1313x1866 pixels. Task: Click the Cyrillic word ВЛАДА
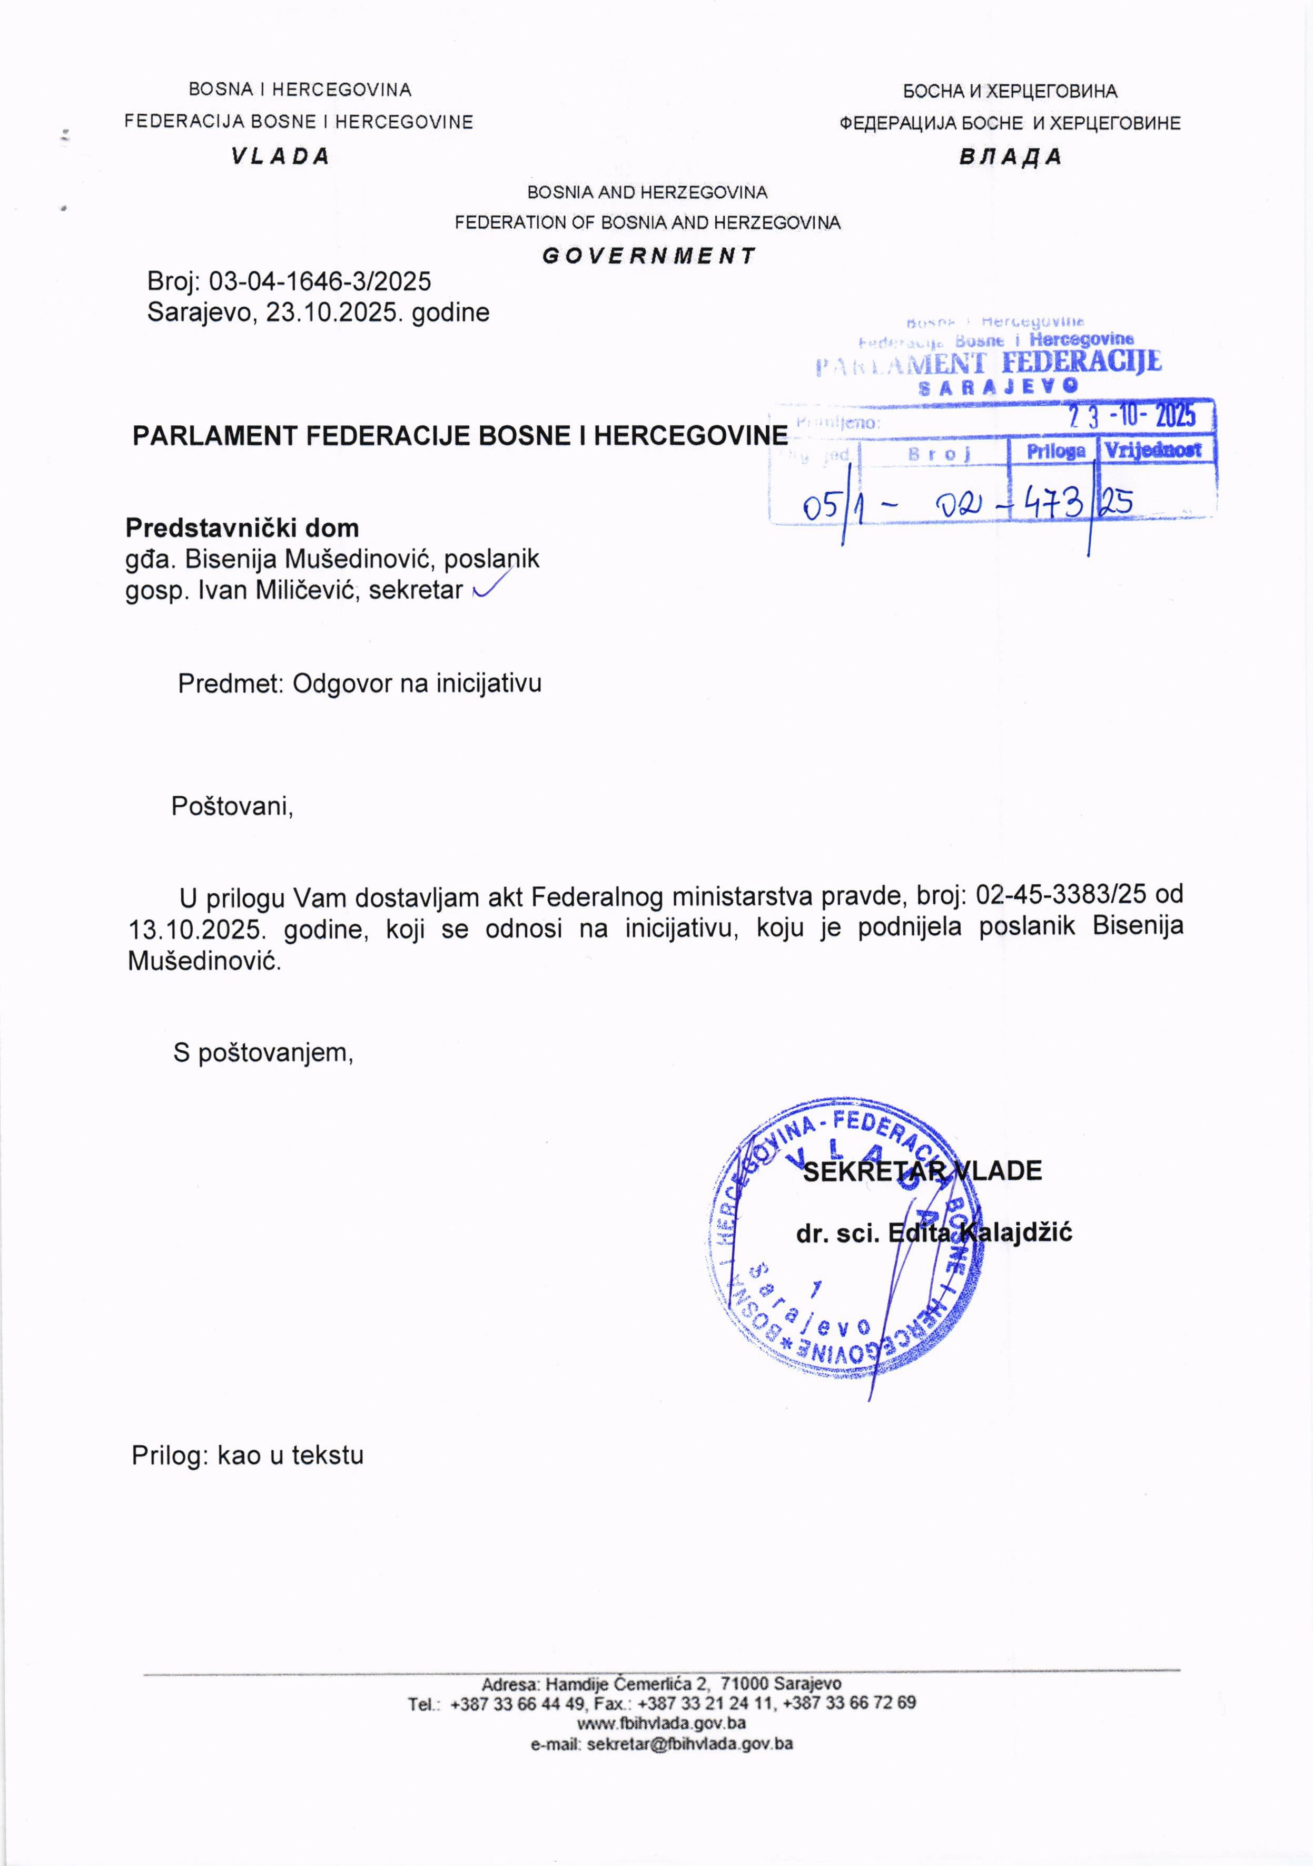tap(1010, 157)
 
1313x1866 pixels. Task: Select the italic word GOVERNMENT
tap(648, 256)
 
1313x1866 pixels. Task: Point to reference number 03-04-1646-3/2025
tap(320, 282)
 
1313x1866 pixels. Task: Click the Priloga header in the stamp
tap(1055, 451)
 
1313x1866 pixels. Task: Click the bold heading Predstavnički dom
tap(242, 528)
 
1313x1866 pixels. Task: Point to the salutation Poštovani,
tap(232, 806)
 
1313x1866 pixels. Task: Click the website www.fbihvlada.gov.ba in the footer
tap(662, 1722)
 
